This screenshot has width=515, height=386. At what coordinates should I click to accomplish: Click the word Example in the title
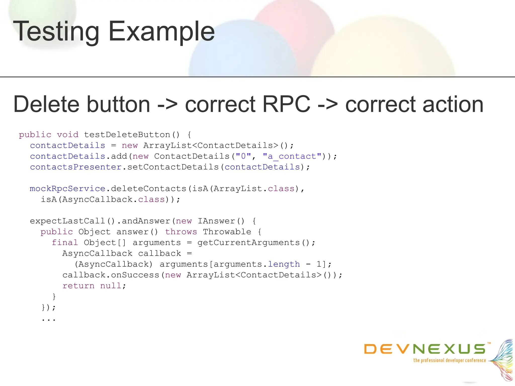(161, 32)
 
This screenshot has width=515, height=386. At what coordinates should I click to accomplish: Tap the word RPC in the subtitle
(286, 104)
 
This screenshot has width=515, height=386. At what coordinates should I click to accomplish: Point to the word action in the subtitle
(453, 104)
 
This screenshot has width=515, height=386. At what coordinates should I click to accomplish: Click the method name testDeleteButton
(127, 135)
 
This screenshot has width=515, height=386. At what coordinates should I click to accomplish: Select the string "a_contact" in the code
(292, 156)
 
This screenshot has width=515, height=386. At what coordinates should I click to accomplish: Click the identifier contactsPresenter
(76, 167)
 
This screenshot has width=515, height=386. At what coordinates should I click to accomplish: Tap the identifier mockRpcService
(67, 189)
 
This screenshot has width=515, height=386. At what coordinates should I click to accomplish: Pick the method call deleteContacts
(148, 189)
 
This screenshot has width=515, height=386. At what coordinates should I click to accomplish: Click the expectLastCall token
(67, 221)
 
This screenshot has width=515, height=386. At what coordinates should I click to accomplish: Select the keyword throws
(181, 232)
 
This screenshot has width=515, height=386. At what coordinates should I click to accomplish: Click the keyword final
(65, 243)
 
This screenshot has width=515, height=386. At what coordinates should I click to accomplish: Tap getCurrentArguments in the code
(249, 243)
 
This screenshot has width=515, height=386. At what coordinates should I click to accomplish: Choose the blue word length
(284, 264)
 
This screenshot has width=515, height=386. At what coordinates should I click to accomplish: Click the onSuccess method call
(135, 275)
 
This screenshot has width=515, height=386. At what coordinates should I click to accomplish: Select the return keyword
(78, 286)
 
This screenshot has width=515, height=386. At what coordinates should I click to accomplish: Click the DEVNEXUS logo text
(425, 349)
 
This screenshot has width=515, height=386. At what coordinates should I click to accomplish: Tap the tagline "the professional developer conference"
(450, 360)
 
